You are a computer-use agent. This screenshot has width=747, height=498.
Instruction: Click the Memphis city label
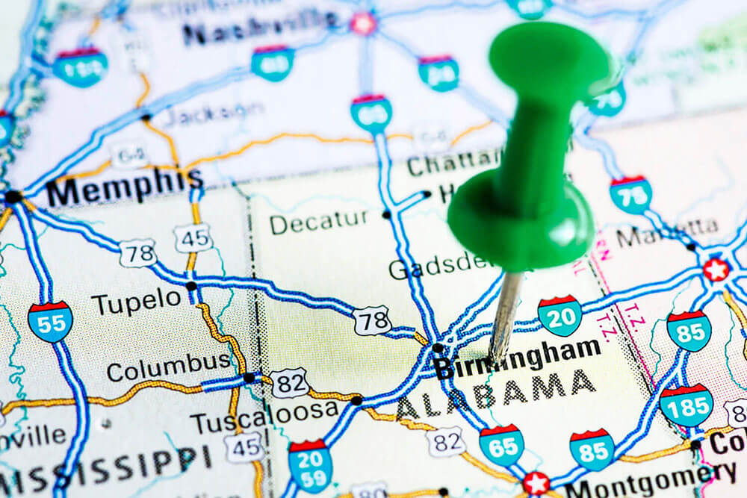click(x=124, y=187)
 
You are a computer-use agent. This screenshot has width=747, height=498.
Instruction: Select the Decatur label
click(x=319, y=220)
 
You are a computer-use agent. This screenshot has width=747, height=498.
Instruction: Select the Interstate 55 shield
click(x=50, y=321)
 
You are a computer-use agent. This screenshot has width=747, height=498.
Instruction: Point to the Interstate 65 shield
click(x=501, y=446)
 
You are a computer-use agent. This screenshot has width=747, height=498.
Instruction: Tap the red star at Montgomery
click(x=535, y=483)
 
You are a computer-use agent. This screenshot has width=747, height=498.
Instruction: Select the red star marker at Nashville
click(x=364, y=23)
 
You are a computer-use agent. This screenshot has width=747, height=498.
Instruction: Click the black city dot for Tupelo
click(x=192, y=286)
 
